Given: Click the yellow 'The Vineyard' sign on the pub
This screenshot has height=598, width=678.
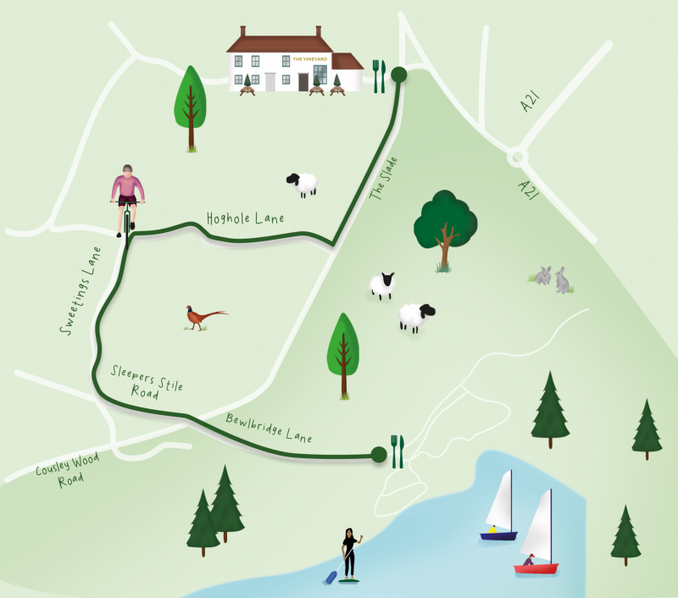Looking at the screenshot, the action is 303,59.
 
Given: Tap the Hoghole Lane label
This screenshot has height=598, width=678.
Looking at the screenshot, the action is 245,219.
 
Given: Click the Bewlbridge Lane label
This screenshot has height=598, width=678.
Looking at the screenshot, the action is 270,429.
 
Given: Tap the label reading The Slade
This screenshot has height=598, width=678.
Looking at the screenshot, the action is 383,179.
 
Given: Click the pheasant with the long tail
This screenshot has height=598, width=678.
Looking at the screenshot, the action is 203,317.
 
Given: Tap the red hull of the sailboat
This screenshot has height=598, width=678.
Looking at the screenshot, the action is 536,568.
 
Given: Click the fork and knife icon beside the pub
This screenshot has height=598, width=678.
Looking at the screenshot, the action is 379,75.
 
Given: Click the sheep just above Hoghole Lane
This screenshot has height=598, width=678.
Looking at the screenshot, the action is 303,183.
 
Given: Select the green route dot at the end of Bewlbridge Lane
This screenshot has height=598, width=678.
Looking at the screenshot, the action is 379,455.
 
